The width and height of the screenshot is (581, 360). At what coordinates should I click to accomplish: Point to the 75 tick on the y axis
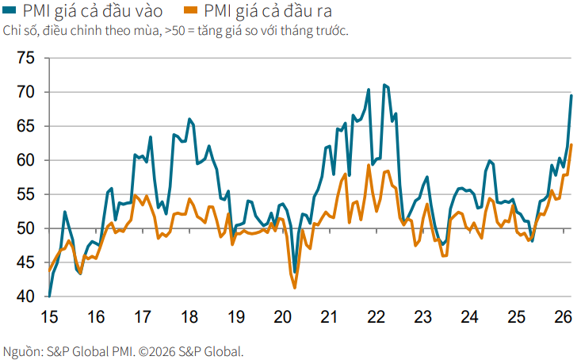point(25,59)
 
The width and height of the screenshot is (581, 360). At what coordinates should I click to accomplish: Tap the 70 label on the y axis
point(25,92)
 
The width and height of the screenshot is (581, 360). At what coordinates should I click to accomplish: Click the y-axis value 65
point(25,126)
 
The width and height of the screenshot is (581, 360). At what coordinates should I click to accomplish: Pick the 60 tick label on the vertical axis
point(25,160)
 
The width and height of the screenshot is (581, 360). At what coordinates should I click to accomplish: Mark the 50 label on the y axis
point(25,228)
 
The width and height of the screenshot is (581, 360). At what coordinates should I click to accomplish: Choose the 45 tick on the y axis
point(25,262)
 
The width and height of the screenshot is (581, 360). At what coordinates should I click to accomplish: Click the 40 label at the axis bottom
point(25,297)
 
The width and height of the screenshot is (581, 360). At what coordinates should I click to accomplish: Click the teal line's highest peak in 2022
point(384,85)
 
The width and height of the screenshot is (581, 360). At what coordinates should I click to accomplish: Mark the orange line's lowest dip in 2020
point(295,288)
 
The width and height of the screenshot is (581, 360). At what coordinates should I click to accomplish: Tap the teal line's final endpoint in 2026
point(571,96)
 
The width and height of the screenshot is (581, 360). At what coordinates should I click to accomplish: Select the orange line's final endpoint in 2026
point(571,144)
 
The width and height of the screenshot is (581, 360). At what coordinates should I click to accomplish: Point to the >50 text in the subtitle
point(177,31)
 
